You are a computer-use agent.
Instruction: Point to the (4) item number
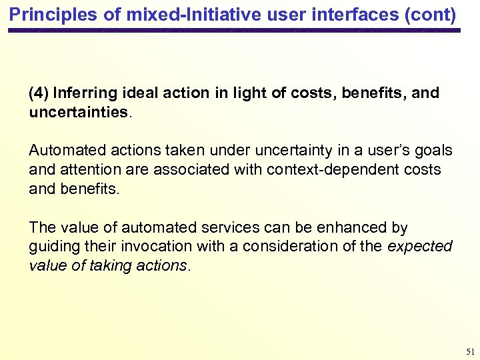tap(38, 93)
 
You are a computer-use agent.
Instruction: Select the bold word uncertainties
tap(78, 111)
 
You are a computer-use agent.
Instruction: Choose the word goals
tap(434, 151)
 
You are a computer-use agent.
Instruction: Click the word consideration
tap(283, 246)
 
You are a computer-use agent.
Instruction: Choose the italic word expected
tap(420, 246)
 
